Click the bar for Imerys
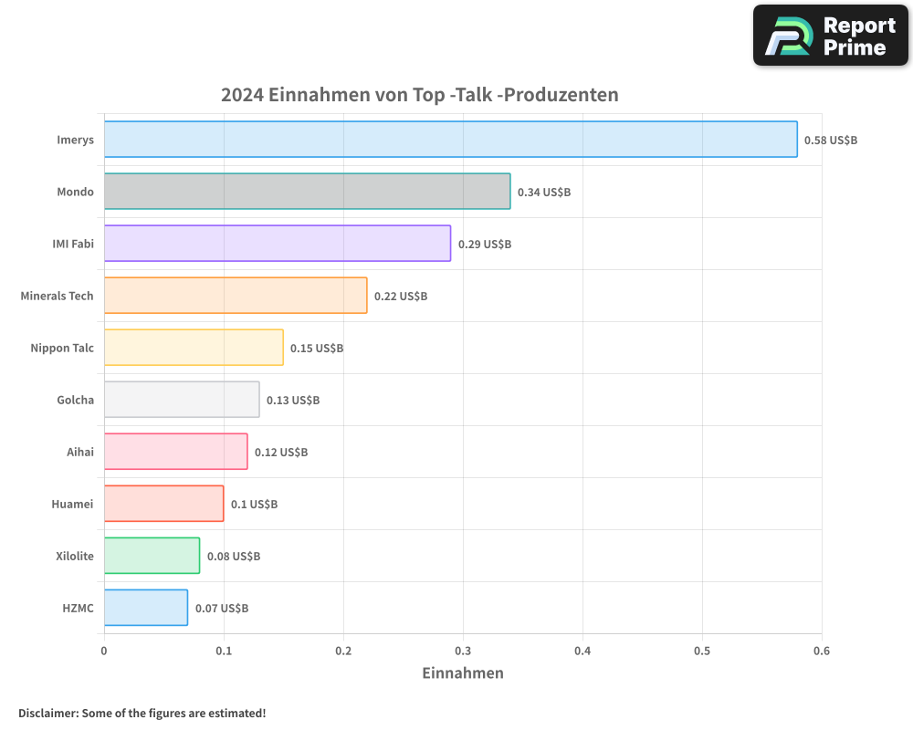click(x=450, y=140)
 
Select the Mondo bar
click(x=307, y=192)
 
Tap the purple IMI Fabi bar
click(x=277, y=244)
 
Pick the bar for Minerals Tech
click(x=236, y=296)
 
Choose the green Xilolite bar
click(x=152, y=556)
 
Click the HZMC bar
click(x=146, y=608)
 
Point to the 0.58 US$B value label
click(x=830, y=141)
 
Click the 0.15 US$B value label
click(x=317, y=349)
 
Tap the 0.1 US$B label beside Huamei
click(x=254, y=505)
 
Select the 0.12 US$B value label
click(x=281, y=453)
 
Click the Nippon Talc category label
click(x=62, y=348)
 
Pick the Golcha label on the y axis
click(x=75, y=400)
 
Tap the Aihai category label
click(x=80, y=452)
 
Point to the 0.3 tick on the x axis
click(x=463, y=651)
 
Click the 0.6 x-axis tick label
click(x=822, y=651)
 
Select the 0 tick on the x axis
click(x=104, y=651)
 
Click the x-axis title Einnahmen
click(x=463, y=673)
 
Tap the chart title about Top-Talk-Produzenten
click(x=420, y=95)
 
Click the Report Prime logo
click(x=830, y=36)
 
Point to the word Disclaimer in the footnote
click(x=47, y=713)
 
